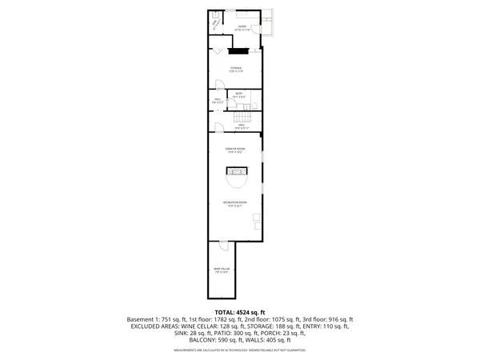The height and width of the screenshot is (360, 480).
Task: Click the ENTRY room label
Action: [242, 27]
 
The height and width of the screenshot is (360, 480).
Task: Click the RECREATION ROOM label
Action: [234, 204]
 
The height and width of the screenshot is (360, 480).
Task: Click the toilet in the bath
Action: [251, 105]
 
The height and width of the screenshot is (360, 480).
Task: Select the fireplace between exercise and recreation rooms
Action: [235, 170]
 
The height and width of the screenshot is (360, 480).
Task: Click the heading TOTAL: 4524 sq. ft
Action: [240, 312]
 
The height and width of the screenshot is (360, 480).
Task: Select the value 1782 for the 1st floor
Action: [215, 320]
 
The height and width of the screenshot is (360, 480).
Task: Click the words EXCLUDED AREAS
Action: [153, 327]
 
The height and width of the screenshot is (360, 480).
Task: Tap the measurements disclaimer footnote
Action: [240, 349]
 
